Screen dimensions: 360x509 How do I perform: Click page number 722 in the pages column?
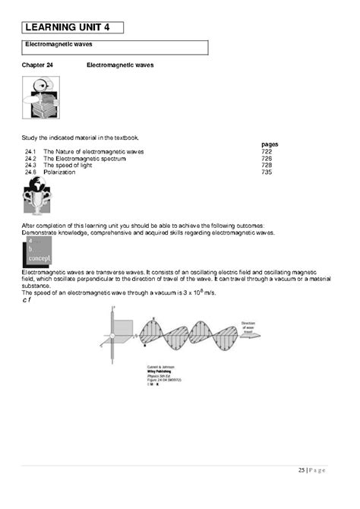[x=266, y=152]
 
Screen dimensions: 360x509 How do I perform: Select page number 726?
[x=266, y=159]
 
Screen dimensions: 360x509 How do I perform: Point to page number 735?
[x=266, y=172]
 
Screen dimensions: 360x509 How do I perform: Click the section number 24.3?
[x=30, y=166]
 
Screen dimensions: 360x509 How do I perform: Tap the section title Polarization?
[x=59, y=172]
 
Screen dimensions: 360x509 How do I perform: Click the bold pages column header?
[x=270, y=144]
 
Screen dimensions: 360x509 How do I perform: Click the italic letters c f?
[x=29, y=299]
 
